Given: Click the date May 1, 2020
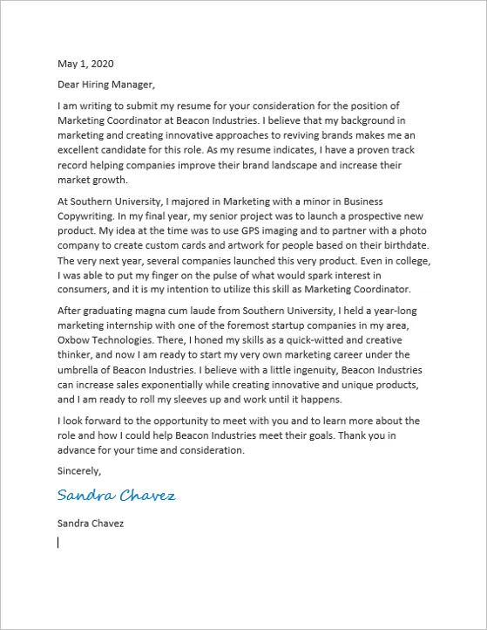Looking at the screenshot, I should pyautogui.click(x=85, y=64).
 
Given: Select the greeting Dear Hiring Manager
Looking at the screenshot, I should pyautogui.click(x=105, y=85).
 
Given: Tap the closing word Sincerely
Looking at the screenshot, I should pyautogui.click(x=79, y=470).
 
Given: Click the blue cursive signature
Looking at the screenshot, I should pyautogui.click(x=116, y=496).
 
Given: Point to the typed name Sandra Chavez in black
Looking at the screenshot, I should pyautogui.click(x=91, y=524).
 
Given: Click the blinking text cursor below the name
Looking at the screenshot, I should pyautogui.click(x=58, y=543).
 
